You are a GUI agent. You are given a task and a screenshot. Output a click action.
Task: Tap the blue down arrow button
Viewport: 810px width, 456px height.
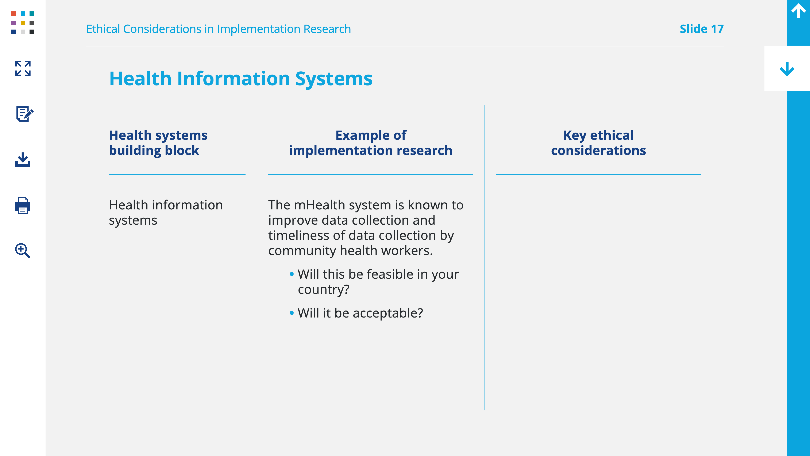pos(787,69)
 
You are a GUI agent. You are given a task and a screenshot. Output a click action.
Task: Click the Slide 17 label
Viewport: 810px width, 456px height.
pos(702,29)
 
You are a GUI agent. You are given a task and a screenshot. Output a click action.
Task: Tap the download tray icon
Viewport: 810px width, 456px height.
pos(23,160)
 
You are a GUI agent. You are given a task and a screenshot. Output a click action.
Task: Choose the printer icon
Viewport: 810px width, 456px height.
pos(23,205)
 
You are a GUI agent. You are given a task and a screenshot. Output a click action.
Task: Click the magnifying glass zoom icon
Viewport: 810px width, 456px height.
pos(23,251)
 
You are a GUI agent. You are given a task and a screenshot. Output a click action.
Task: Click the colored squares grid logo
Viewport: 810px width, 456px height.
pos(23,23)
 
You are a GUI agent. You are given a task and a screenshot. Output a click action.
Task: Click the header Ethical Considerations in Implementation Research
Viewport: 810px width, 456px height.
pos(219,29)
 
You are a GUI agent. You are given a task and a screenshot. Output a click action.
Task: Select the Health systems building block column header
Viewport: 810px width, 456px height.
pos(158,143)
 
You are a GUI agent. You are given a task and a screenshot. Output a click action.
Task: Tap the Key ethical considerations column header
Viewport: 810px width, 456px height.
pos(598,143)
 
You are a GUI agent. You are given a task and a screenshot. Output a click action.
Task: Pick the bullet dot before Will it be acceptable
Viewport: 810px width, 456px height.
pos(292,313)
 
